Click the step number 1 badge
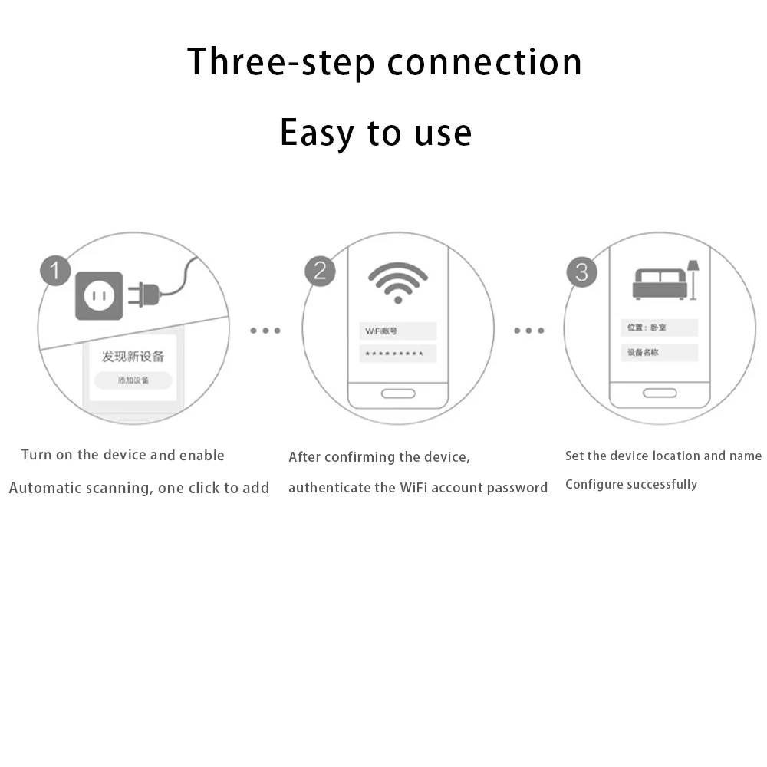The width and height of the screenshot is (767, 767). pyautogui.click(x=54, y=271)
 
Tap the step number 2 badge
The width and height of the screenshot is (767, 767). pyautogui.click(x=320, y=271)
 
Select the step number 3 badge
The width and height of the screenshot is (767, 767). pyautogui.click(x=581, y=272)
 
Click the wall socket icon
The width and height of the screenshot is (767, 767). pyautogui.click(x=99, y=295)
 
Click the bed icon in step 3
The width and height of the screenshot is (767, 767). pyautogui.click(x=659, y=283)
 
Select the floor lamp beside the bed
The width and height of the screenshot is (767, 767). pyautogui.click(x=693, y=278)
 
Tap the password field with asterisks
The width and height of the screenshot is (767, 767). pyautogui.click(x=397, y=354)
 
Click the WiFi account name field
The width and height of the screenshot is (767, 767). pyautogui.click(x=397, y=331)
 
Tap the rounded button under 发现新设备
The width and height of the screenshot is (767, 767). pyautogui.click(x=133, y=380)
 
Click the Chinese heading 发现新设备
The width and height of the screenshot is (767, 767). pyautogui.click(x=133, y=357)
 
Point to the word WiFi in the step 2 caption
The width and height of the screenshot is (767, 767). pyautogui.click(x=419, y=488)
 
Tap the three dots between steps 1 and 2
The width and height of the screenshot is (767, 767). pyautogui.click(x=265, y=331)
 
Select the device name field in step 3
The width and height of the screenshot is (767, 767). pyautogui.click(x=659, y=353)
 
